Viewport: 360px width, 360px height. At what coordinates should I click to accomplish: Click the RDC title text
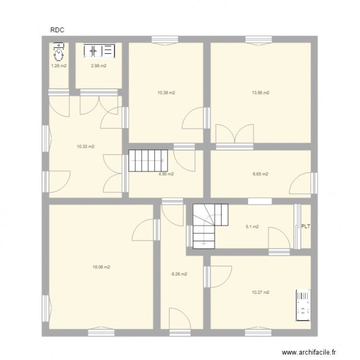tap(57, 30)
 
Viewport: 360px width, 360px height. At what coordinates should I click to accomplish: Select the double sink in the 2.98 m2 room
tap(99, 50)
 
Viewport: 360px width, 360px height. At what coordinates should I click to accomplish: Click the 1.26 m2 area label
tap(59, 66)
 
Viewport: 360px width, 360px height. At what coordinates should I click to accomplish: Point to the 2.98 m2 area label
tap(98, 66)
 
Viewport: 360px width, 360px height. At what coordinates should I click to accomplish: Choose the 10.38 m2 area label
tap(166, 93)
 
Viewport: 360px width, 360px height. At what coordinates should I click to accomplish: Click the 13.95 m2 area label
tap(261, 93)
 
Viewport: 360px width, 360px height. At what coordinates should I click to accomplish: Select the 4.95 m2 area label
tap(166, 174)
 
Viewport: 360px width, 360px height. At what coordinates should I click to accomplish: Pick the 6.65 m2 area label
tap(261, 174)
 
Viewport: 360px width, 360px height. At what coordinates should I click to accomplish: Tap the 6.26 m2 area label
tap(179, 274)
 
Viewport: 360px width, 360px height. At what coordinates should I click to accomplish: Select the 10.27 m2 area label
tap(261, 292)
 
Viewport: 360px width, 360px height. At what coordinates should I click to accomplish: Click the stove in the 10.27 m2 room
tap(303, 304)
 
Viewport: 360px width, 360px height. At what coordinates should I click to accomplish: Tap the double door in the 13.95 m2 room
tap(234, 133)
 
